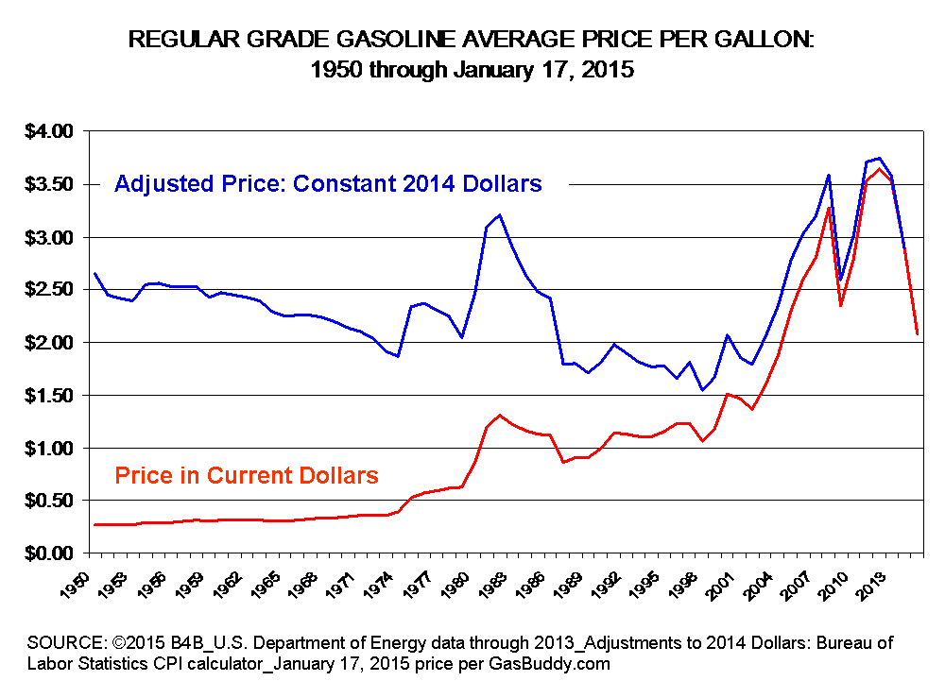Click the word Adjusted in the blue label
click(152, 183)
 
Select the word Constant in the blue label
click(334, 183)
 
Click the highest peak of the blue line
click(880, 159)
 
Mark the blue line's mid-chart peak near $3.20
click(499, 215)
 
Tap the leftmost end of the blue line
click(95, 274)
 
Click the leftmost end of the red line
click(95, 524)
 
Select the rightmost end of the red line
click(918, 333)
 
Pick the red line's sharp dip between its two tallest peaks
click(840, 306)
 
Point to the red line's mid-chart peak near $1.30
click(499, 416)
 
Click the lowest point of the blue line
click(702, 389)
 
